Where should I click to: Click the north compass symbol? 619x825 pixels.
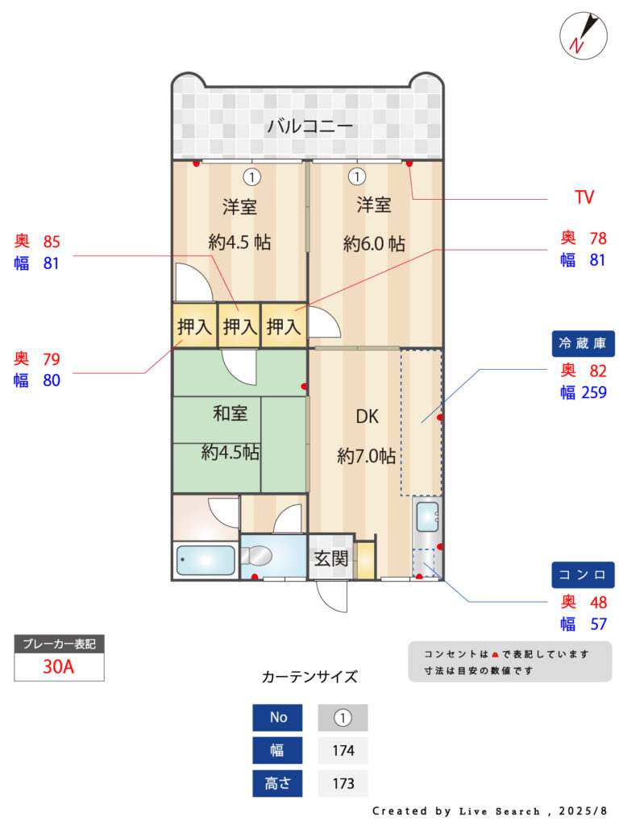584,35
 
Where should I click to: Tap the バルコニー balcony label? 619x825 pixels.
309,126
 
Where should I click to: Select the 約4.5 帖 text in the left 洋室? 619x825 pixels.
239,242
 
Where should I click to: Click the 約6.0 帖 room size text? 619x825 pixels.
374,243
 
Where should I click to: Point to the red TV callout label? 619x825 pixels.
584,197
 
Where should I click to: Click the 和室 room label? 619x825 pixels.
230,413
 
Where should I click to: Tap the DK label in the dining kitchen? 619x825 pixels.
367,417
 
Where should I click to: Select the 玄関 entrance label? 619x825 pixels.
331,558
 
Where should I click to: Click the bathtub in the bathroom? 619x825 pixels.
206,560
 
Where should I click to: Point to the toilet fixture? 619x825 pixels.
256,556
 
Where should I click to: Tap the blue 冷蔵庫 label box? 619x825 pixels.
583,343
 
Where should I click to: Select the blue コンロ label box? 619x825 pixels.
583,574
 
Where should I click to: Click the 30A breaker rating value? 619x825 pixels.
58,666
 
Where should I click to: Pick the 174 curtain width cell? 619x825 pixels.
343,750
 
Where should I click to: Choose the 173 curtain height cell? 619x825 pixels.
343,783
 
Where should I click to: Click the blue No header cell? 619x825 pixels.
277,718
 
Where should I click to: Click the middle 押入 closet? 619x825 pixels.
239,326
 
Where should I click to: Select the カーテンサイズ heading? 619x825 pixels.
309,677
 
